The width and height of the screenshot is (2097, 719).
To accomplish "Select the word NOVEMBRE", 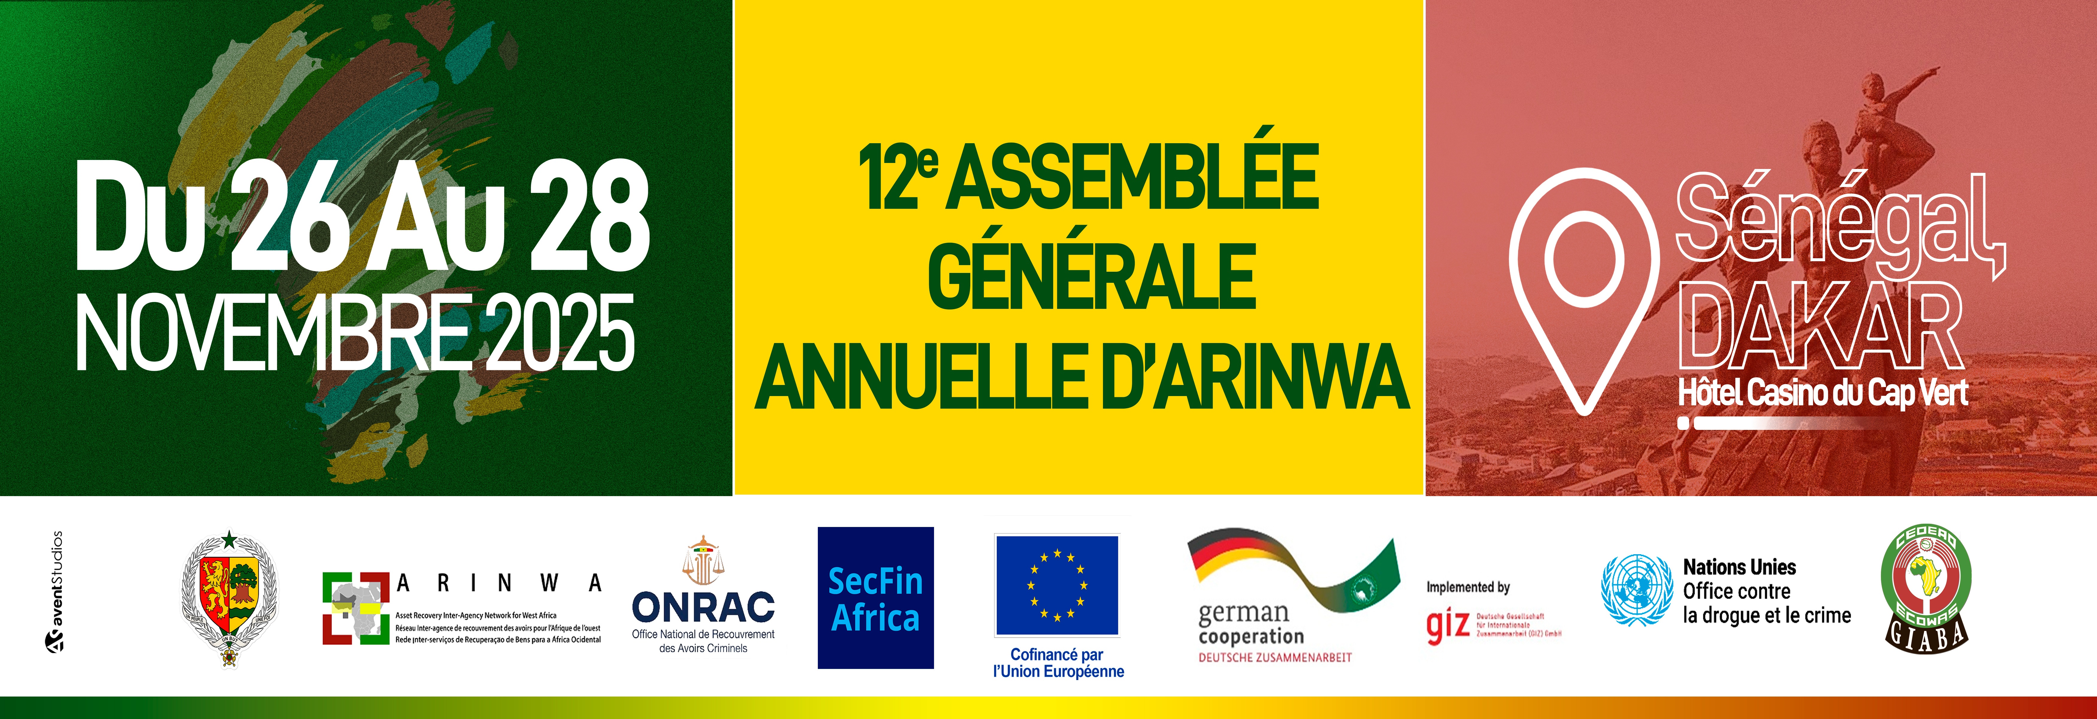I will pyautogui.click(x=273, y=334).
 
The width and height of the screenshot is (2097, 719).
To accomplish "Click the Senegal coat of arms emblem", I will pyautogui.click(x=229, y=599).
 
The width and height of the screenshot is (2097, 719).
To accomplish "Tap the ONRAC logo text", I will pyautogui.click(x=703, y=607).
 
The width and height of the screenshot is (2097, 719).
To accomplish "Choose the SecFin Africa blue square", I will pyautogui.click(x=875, y=598).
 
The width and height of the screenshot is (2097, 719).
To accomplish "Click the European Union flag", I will pyautogui.click(x=1057, y=585).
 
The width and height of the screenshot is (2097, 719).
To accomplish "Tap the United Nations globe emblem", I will pyautogui.click(x=1636, y=590).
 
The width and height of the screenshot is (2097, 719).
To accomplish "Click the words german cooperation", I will pyautogui.click(x=1250, y=624).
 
